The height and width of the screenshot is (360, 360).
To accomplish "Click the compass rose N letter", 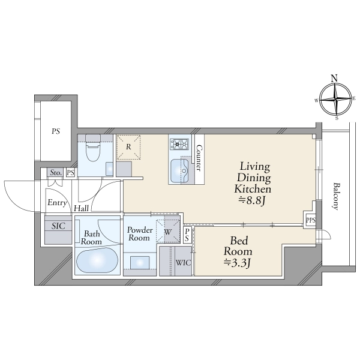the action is (x=335, y=79).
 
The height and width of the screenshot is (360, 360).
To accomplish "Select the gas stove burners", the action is (x=179, y=145).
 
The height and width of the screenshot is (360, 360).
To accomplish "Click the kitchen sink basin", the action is (x=179, y=170).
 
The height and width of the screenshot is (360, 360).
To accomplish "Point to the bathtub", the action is (x=97, y=260).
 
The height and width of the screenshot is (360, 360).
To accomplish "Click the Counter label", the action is (x=199, y=158).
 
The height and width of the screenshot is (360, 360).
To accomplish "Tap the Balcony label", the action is (x=336, y=196).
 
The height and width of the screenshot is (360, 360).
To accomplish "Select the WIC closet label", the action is (x=183, y=262).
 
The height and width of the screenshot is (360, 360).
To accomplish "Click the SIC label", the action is (x=58, y=226).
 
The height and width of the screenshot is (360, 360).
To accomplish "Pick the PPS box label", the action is (x=311, y=220).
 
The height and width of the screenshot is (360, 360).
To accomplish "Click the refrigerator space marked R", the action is (x=128, y=147).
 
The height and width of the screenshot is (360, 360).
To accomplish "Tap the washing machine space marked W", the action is (x=168, y=232).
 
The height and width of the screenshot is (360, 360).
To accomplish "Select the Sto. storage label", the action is (x=56, y=172).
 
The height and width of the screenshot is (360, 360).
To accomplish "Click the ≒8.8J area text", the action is (x=252, y=201).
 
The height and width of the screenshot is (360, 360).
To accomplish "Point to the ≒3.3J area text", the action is (x=238, y=263).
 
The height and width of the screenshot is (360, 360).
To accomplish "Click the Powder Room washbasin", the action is (x=140, y=262).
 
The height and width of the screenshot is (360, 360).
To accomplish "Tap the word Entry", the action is (x=57, y=203).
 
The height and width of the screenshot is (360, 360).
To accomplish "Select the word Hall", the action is (x=81, y=208).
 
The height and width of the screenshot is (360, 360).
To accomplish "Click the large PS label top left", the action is (x=56, y=131).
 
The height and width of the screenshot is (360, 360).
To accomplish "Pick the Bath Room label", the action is (x=91, y=238).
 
